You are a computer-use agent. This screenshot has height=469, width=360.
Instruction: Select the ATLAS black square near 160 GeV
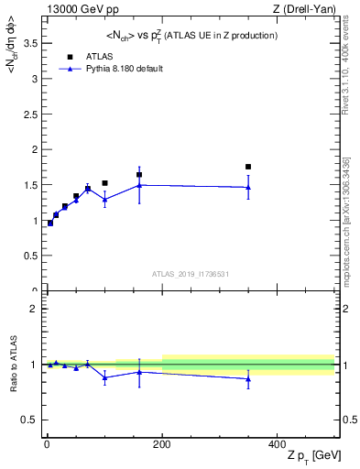[139, 174]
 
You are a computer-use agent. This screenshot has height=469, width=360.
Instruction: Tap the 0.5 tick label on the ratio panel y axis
[30, 420]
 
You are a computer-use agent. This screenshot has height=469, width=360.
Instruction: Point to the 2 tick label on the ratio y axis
[35, 309]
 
